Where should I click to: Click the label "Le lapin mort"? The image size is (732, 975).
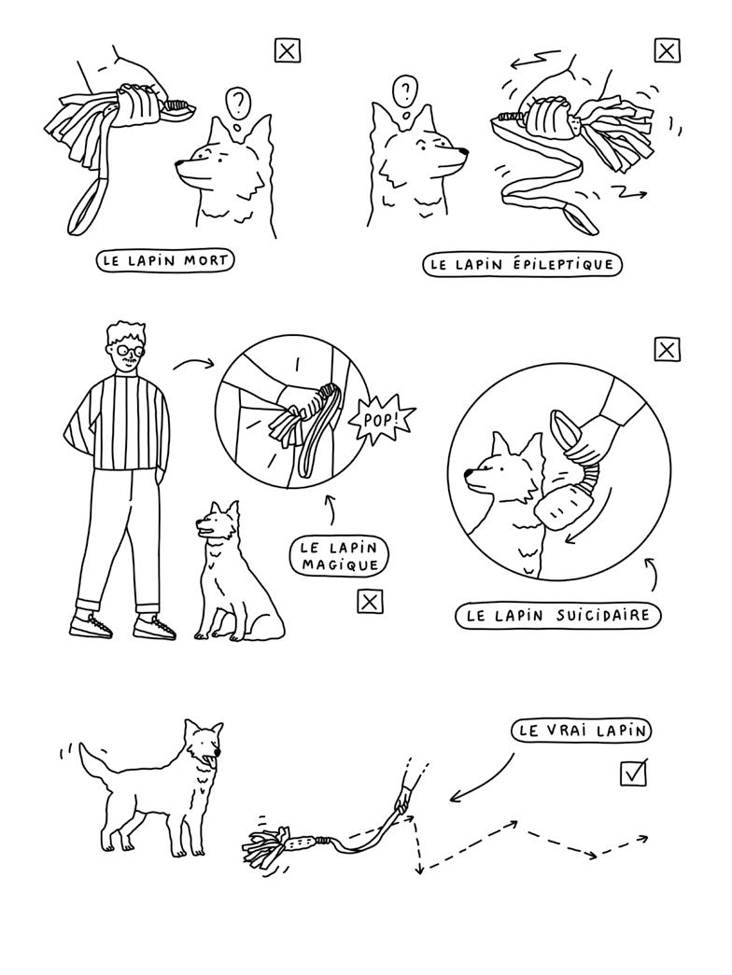click(165, 260)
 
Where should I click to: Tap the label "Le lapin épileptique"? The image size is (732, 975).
click(522, 264)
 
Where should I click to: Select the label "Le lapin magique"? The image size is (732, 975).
click(339, 556)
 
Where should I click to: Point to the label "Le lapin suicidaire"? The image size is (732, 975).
click(557, 616)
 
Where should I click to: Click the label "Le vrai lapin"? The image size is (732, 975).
click(582, 730)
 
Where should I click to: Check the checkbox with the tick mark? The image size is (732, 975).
click(634, 773)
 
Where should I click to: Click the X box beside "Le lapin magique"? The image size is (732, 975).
click(370, 601)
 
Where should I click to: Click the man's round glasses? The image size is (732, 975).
click(130, 352)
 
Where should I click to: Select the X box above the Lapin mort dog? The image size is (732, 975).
click(287, 50)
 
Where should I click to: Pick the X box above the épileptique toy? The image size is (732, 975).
click(667, 50)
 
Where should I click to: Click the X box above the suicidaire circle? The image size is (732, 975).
click(667, 350)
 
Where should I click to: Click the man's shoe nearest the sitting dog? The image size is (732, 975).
click(154, 627)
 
